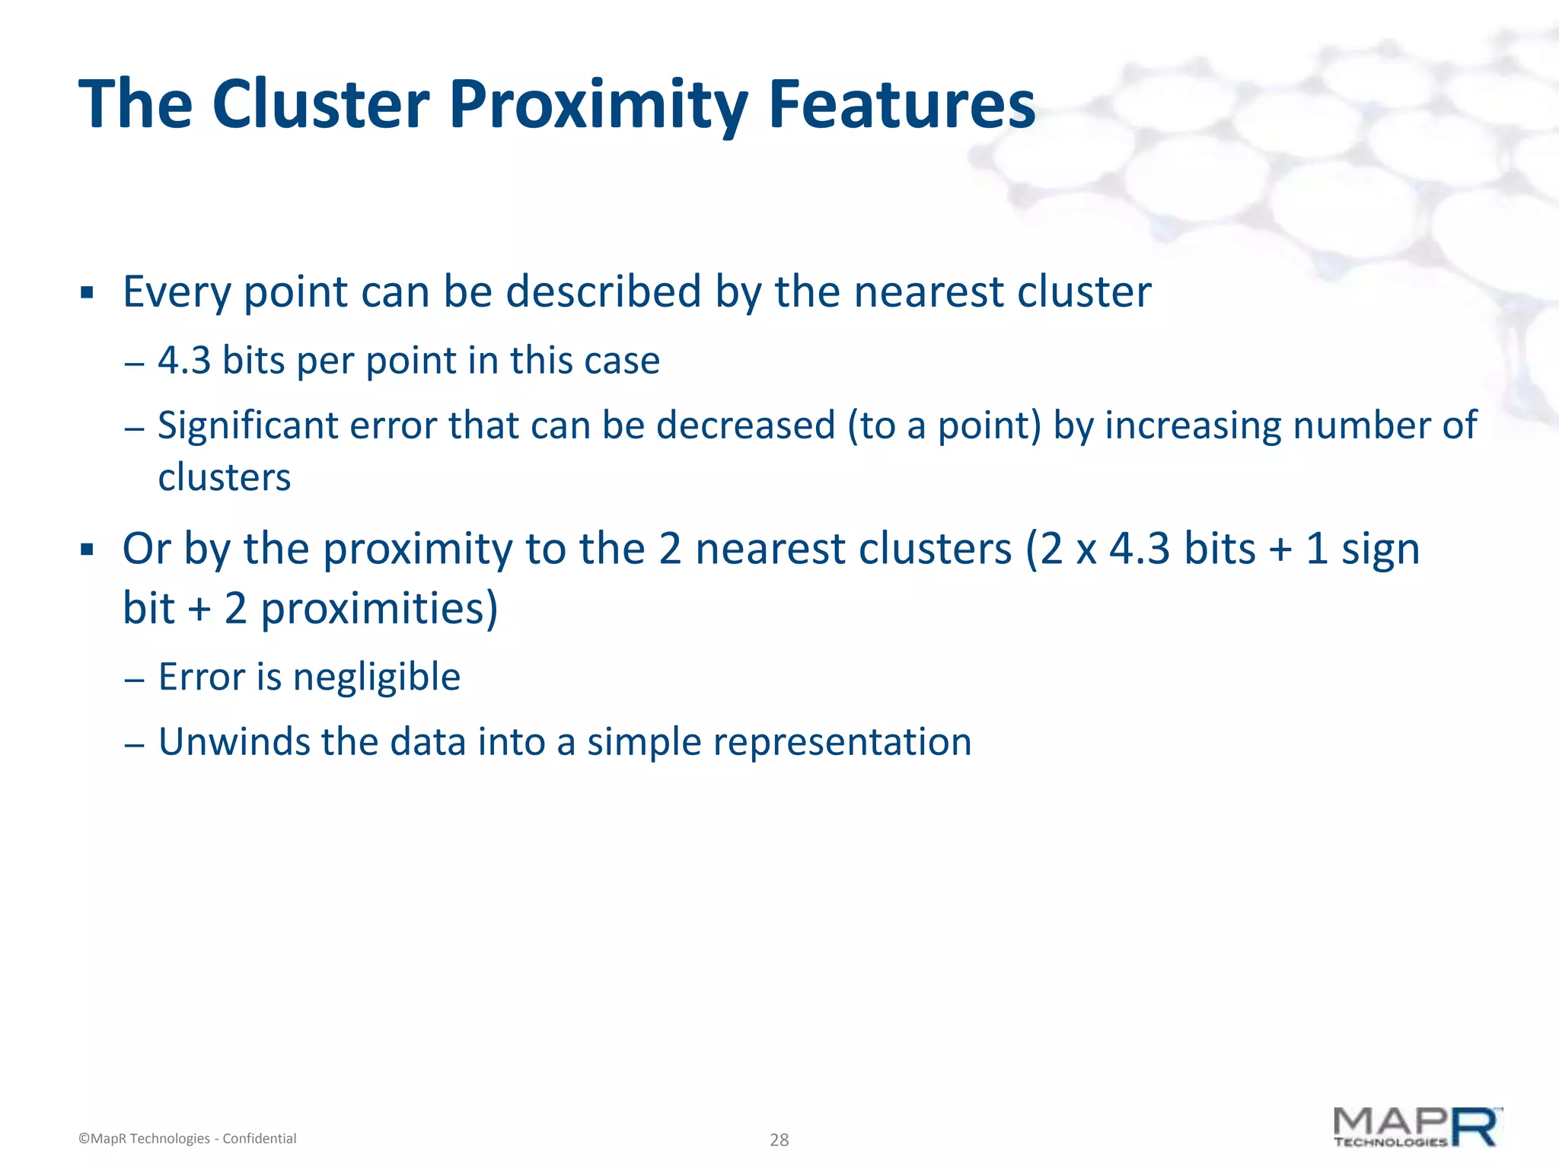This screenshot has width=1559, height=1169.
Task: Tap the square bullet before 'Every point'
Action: point(87,292)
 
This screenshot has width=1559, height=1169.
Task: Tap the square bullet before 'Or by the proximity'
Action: point(87,549)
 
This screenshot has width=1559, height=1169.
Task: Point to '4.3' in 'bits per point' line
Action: point(183,361)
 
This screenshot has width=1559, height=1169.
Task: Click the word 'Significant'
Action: point(247,425)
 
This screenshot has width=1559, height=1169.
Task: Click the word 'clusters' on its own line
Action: point(225,478)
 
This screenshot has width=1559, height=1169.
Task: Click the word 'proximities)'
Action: point(379,609)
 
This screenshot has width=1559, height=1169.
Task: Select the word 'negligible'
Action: point(377,677)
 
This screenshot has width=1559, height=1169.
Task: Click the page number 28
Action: point(779,1139)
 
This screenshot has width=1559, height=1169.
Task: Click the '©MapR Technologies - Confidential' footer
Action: point(187,1139)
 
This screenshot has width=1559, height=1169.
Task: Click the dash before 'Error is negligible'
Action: point(134,679)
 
